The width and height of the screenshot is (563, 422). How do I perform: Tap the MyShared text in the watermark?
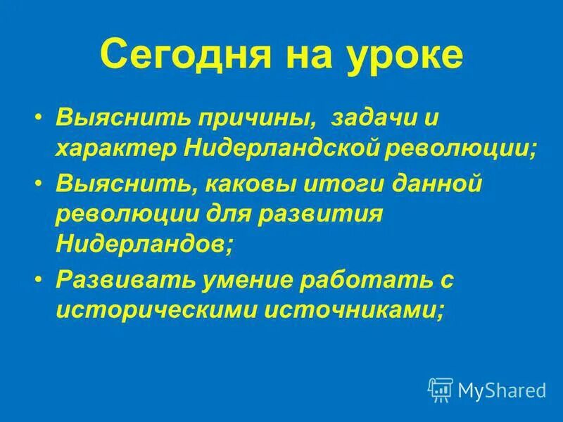pos(502,388)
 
